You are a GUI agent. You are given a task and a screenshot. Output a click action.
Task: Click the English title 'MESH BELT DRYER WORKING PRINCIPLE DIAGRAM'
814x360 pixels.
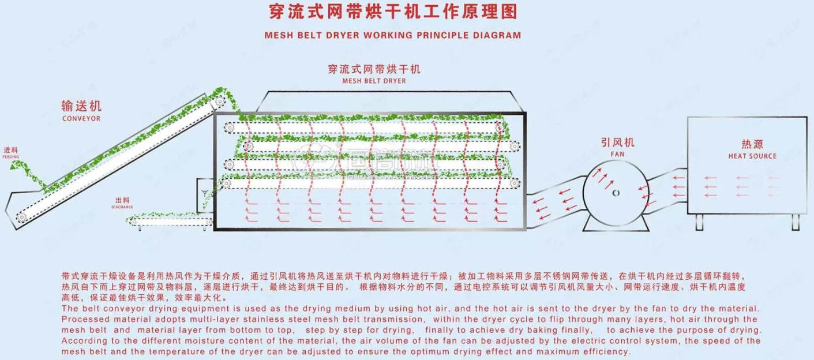point(392,35)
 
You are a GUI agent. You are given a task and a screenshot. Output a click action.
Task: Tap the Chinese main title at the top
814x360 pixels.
point(392,12)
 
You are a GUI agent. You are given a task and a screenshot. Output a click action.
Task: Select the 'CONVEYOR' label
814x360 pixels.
point(81,118)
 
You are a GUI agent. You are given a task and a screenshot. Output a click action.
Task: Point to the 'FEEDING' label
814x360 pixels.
point(11,156)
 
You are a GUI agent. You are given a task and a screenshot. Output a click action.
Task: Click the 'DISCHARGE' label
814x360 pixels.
point(123,207)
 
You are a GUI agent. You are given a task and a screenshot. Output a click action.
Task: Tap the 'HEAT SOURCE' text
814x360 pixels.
point(752,156)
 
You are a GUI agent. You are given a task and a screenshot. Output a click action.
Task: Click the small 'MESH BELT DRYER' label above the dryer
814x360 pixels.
point(373,81)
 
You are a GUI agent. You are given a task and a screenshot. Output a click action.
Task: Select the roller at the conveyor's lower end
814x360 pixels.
point(21,217)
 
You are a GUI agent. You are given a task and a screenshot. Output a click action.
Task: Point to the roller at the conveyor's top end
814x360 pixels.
point(220,101)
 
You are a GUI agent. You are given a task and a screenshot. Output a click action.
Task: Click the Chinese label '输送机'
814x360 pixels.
point(81,106)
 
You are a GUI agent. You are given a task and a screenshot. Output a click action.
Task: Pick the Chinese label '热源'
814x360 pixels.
point(752,144)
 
